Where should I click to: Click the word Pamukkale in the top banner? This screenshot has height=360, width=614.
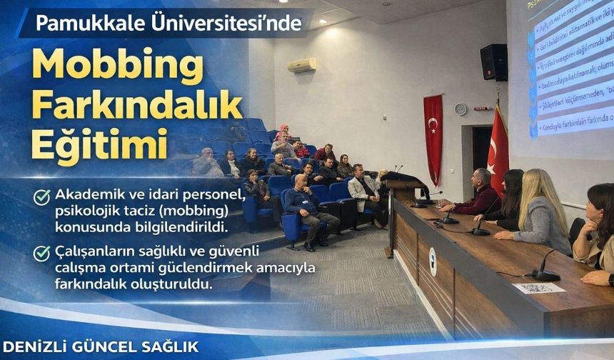click(79, 24)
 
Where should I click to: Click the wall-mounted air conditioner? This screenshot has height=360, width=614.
click(302, 65)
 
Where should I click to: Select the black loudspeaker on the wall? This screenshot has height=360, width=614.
click(493, 62)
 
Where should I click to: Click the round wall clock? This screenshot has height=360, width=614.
click(460, 109)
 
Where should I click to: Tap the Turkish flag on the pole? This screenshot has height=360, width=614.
click(498, 150)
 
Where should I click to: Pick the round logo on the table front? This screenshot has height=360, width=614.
click(433, 261)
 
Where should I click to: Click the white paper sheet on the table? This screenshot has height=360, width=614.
click(539, 288)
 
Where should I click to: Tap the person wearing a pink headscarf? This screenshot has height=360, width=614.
click(282, 134)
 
